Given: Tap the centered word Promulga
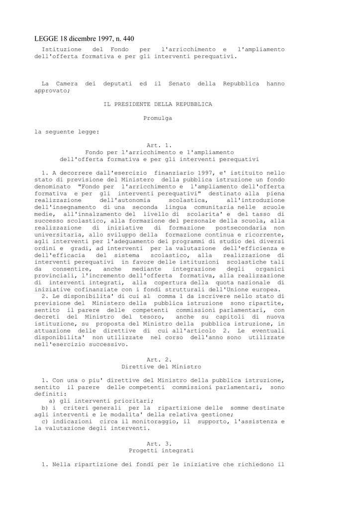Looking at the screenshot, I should coord(158,118).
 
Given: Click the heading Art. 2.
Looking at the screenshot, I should coord(159,359).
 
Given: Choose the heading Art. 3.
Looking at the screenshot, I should coord(159,443).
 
